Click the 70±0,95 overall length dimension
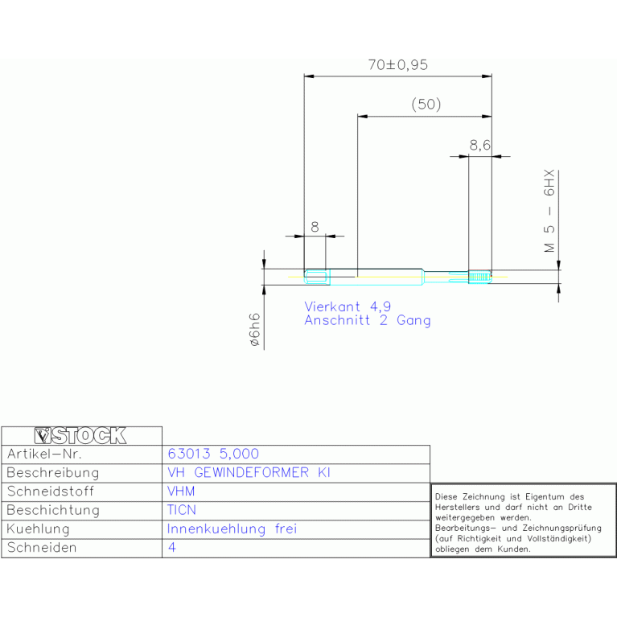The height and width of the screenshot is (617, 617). pyautogui.click(x=398, y=65)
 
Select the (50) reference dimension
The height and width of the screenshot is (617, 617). pyautogui.click(x=426, y=105)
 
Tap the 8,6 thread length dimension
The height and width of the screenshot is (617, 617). pyautogui.click(x=480, y=145)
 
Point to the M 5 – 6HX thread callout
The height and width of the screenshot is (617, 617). pyautogui.click(x=549, y=211)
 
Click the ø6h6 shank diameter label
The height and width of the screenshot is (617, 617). pyautogui.click(x=254, y=330)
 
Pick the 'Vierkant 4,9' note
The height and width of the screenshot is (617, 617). pyautogui.click(x=348, y=306)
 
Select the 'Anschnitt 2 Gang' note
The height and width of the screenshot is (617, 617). pyautogui.click(x=368, y=320)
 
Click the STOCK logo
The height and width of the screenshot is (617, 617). pyautogui.click(x=80, y=436)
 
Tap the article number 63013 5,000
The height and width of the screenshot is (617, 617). pyautogui.click(x=213, y=454)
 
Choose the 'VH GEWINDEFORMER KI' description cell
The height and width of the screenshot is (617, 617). pyautogui.click(x=249, y=472)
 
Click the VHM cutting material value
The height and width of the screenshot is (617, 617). pyautogui.click(x=181, y=491)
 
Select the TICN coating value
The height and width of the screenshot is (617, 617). pyautogui.click(x=182, y=510)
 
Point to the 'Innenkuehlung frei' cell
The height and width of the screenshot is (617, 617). pyautogui.click(x=232, y=529)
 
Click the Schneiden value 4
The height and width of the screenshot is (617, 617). pyautogui.click(x=172, y=547)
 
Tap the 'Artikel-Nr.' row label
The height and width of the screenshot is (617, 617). pyautogui.click(x=44, y=454)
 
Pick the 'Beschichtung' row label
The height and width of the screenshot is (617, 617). pyautogui.click(x=53, y=510)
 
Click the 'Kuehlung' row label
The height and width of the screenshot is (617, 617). pyautogui.click(x=38, y=529)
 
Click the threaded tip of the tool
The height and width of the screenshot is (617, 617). pyautogui.click(x=480, y=277)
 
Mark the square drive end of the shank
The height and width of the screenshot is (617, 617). pyautogui.click(x=315, y=277)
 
